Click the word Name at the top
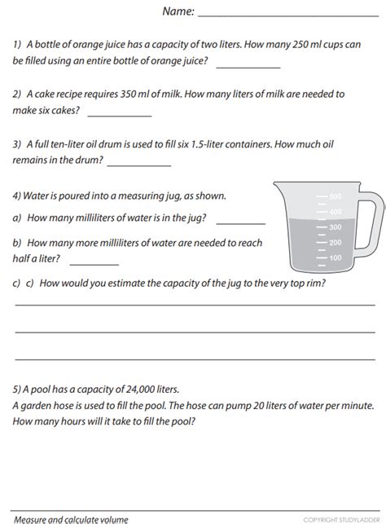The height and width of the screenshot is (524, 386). pyautogui.click(x=177, y=11)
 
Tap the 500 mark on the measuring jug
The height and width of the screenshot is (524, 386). pyautogui.click(x=335, y=197)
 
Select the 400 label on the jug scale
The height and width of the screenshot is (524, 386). pyautogui.click(x=335, y=212)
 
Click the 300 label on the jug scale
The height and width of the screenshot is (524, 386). pyautogui.click(x=335, y=227)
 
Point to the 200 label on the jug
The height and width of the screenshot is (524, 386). pyautogui.click(x=335, y=242)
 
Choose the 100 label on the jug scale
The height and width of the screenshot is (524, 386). pyautogui.click(x=335, y=258)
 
